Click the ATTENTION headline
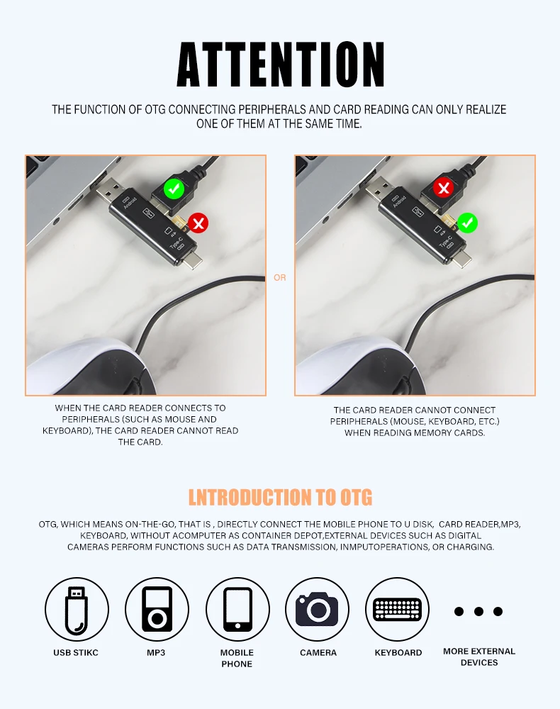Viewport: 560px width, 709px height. [x=280, y=65]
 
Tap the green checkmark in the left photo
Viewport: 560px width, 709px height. [x=174, y=189]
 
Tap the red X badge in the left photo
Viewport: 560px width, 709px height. [x=198, y=223]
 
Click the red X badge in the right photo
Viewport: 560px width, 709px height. [x=443, y=188]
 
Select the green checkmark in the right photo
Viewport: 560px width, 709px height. [x=467, y=223]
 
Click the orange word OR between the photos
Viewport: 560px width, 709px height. [x=280, y=278]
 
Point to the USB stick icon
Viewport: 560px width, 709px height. [x=77, y=610]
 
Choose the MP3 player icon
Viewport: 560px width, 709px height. [x=157, y=610]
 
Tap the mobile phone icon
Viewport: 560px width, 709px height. [x=237, y=610]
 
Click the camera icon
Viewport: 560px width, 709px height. [x=318, y=610]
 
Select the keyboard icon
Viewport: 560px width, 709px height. [x=397, y=610]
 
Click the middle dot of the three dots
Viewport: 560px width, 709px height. [x=478, y=611]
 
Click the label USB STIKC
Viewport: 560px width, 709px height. [x=75, y=652]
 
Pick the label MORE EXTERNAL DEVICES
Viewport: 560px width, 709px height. [x=479, y=657]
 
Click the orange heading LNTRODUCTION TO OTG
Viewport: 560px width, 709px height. [x=280, y=497]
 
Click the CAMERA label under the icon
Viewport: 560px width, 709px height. [x=318, y=652]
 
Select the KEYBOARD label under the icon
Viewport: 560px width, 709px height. [x=398, y=652]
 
